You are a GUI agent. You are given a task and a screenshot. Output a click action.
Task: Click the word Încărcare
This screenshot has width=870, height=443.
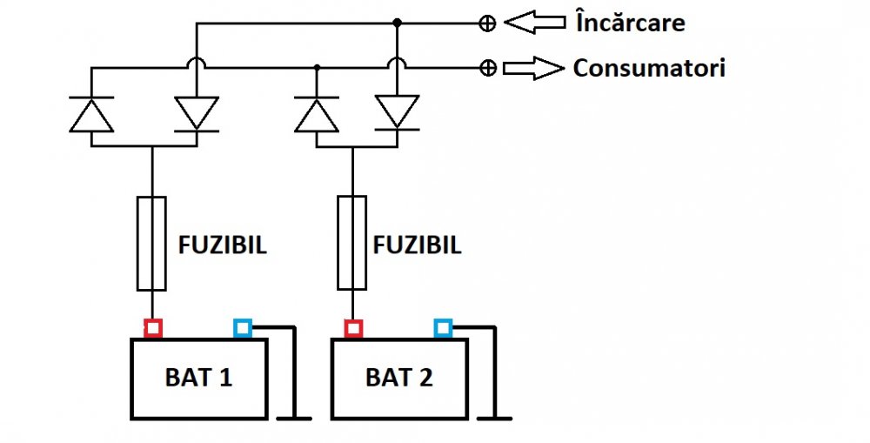point(630,23)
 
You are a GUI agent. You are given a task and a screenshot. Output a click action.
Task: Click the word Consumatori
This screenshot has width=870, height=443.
point(648,68)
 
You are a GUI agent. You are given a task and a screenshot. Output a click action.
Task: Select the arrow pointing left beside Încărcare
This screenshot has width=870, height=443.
point(535,23)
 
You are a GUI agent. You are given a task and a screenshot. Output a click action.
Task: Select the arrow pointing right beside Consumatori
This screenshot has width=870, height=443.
point(533,68)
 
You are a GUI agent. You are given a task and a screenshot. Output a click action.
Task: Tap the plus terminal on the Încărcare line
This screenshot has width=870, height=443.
point(488,23)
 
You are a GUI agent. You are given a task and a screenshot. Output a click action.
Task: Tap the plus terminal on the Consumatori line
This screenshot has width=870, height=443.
point(488,68)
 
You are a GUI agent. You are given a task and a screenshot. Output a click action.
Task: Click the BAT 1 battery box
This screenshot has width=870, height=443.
point(198,379)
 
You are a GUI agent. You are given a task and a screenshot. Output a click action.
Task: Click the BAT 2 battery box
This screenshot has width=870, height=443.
point(399,379)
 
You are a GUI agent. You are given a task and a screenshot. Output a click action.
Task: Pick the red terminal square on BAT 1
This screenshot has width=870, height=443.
point(153,328)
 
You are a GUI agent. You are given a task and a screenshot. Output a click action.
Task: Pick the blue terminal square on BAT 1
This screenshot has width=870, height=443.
point(243,328)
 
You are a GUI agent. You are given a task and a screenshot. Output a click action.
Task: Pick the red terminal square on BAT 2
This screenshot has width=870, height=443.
point(353,328)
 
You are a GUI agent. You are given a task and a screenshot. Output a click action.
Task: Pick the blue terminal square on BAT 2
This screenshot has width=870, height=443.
point(444,328)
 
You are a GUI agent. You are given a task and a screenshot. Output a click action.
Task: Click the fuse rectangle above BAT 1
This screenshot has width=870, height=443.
point(151,244)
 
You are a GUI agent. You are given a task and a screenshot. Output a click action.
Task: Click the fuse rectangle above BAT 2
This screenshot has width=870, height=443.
point(351,244)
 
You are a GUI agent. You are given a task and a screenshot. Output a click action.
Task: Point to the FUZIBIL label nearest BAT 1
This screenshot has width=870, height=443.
point(223,245)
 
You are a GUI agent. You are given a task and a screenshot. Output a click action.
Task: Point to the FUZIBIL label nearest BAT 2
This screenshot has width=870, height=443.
point(418,245)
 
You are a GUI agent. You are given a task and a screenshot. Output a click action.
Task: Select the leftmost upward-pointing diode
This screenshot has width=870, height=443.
point(91,114)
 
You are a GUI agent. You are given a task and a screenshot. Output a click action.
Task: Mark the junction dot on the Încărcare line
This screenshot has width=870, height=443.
point(397,23)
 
